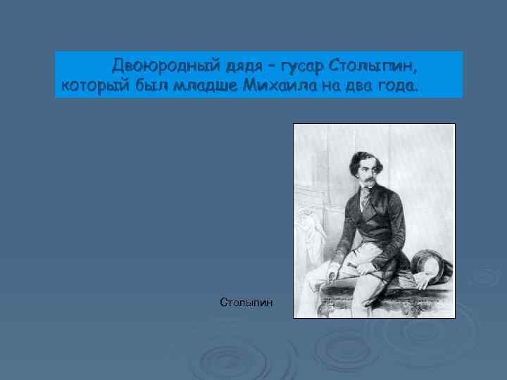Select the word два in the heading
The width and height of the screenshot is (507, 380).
[359, 87]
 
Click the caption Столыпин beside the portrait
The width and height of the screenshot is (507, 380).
[246, 303]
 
